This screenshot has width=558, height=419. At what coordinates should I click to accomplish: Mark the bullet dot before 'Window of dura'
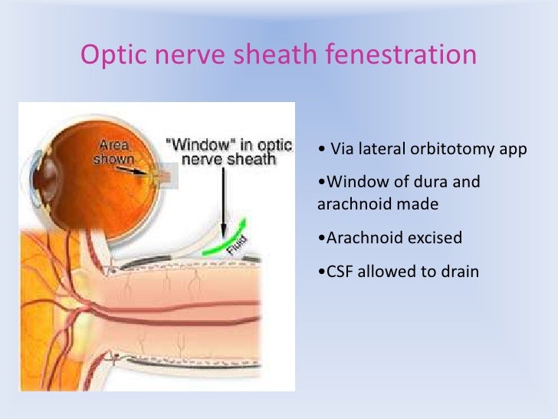(x=319, y=183)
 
